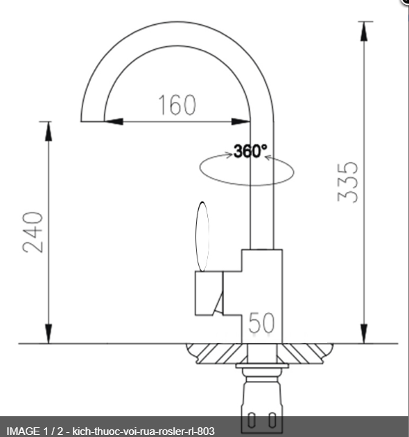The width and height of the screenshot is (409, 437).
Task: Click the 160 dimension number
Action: click(176, 105)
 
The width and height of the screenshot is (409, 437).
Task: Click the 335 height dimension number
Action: click(348, 181)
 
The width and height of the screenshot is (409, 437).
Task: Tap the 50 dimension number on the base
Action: click(261, 322)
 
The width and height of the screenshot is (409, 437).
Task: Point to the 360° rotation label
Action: click(250, 152)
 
